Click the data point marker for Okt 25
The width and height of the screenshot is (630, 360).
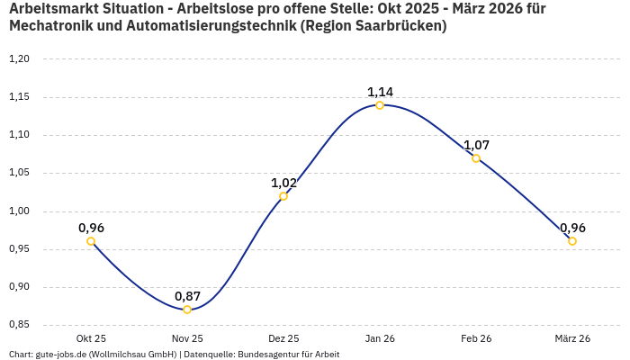click(x=91, y=241)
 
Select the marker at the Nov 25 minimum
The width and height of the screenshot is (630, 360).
click(x=187, y=310)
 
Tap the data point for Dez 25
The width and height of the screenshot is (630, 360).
click(x=283, y=196)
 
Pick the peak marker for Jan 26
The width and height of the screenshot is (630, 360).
click(x=380, y=105)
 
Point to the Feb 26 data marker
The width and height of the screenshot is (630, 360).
click(x=476, y=158)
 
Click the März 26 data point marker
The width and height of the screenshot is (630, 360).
click(x=572, y=241)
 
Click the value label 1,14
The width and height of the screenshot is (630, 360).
click(x=380, y=92)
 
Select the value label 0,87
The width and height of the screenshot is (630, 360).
click(x=187, y=296)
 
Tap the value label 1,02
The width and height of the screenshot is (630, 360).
click(x=283, y=183)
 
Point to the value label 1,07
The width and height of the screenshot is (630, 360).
click(x=476, y=145)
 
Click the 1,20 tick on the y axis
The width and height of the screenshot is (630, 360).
click(x=19, y=59)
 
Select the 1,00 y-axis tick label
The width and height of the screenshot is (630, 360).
click(x=19, y=211)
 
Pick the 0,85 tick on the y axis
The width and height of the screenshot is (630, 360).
click(x=19, y=325)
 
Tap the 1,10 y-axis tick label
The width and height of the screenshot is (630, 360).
click(x=19, y=135)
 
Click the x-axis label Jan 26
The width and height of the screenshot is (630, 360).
click(x=380, y=338)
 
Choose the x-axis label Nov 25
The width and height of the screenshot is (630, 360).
click(x=187, y=338)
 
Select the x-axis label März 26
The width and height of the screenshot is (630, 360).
click(x=572, y=338)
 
